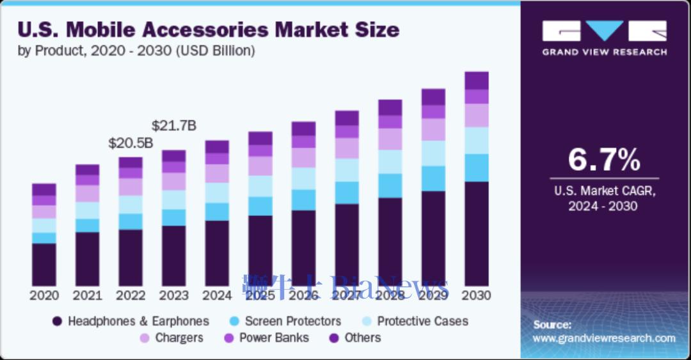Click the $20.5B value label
pyautogui.click(x=131, y=143)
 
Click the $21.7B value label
pyautogui.click(x=173, y=126)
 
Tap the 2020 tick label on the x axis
pyautogui.click(x=44, y=296)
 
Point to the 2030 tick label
pyautogui.click(x=476, y=296)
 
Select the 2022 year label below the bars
pyautogui.click(x=131, y=296)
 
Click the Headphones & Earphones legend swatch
pyautogui.click(x=57, y=322)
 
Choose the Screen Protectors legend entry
pyautogui.click(x=292, y=321)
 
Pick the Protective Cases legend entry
pyautogui.click(x=422, y=321)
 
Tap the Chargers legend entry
pyautogui.click(x=179, y=338)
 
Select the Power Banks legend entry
pyautogui.click(x=274, y=338)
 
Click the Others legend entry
pyautogui.click(x=362, y=338)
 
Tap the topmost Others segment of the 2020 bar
pyautogui.click(x=44, y=189)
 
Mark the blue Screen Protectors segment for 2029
pyautogui.click(x=433, y=178)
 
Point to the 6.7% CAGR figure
pyautogui.click(x=604, y=160)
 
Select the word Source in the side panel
pyautogui.click(x=552, y=325)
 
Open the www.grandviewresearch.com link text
pyautogui.click(x=604, y=338)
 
